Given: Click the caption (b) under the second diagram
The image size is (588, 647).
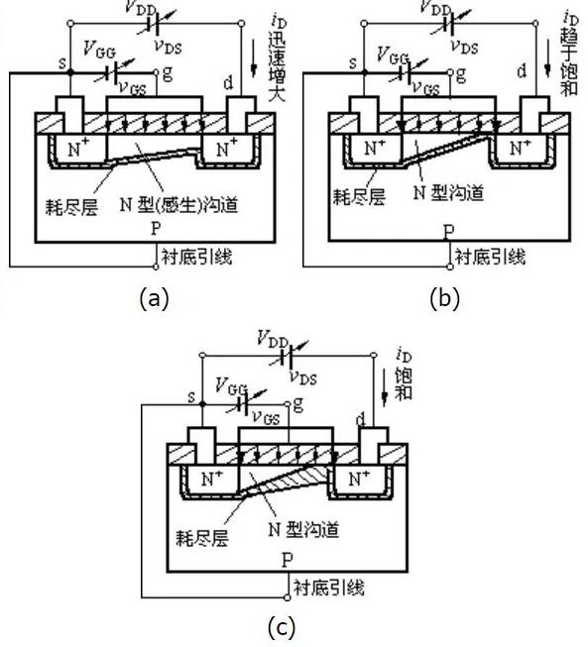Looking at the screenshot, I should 445,298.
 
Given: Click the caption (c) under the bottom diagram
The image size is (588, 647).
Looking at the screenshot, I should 282,626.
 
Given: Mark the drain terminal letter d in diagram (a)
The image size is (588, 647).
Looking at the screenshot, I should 230,72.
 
